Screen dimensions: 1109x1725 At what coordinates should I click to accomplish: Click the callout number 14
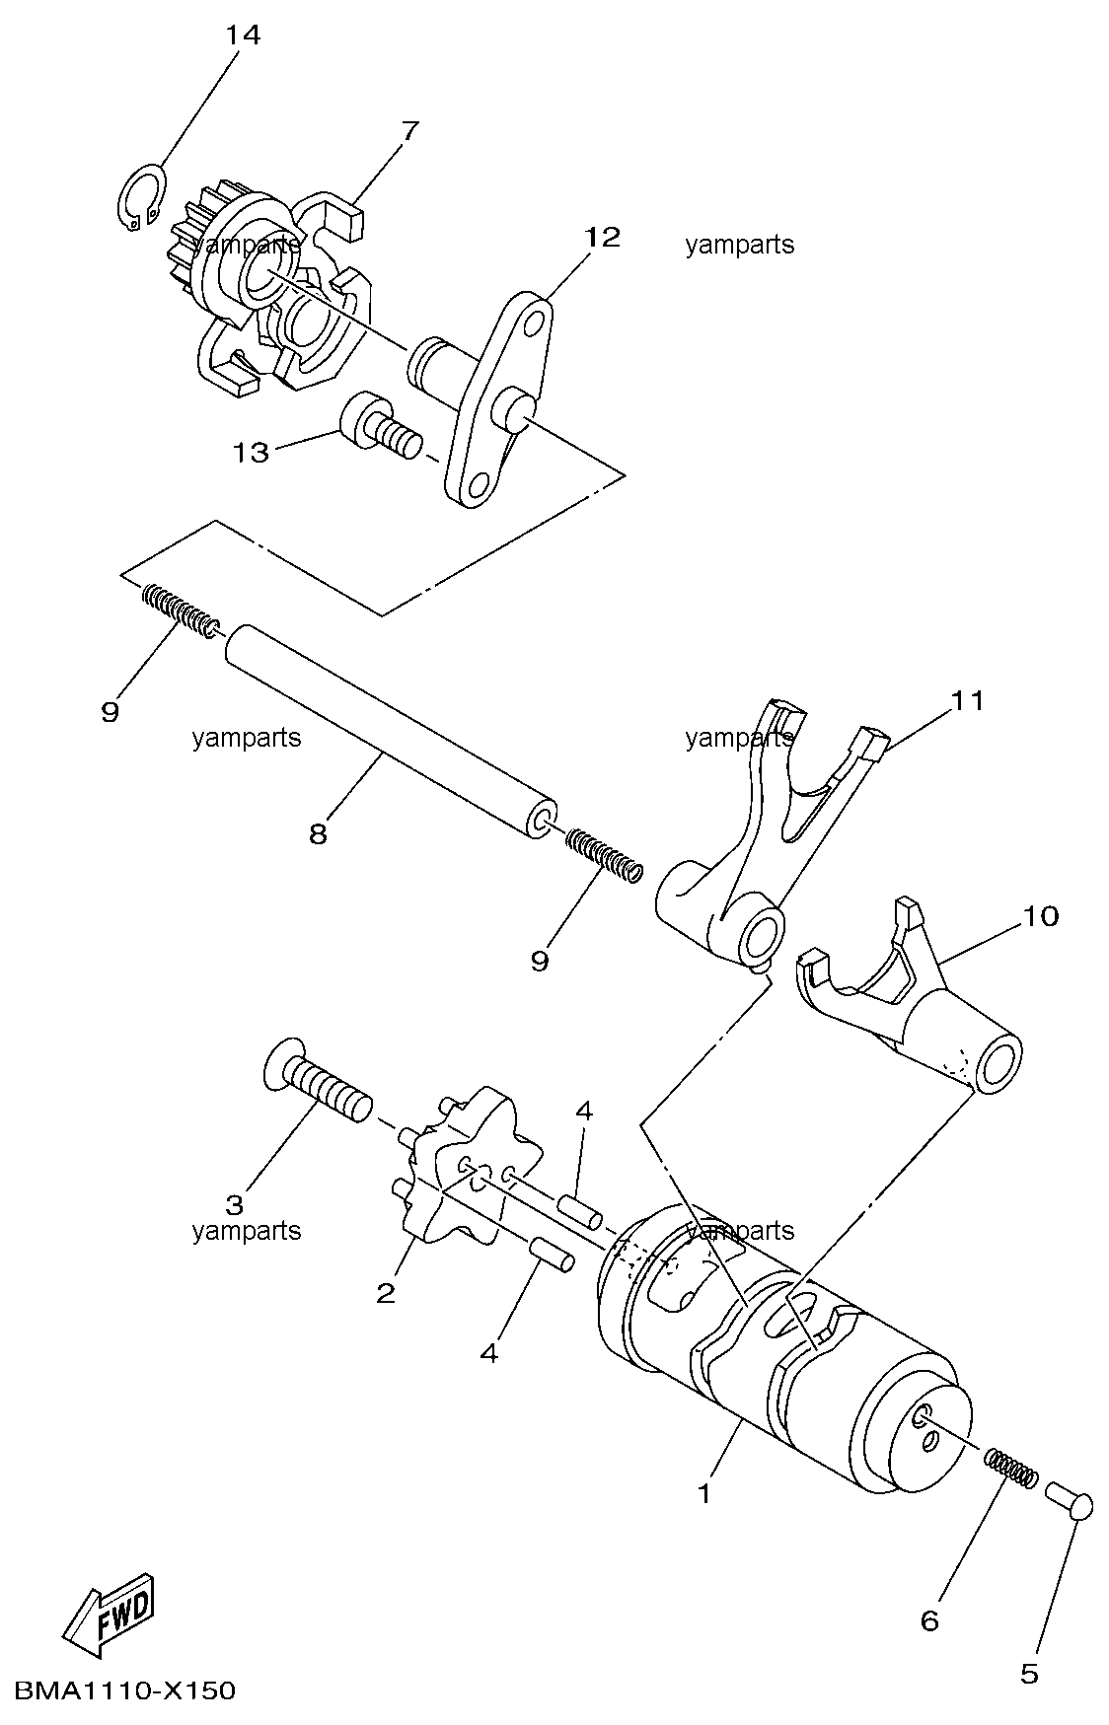point(243,36)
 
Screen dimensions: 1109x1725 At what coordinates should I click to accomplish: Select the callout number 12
point(602,237)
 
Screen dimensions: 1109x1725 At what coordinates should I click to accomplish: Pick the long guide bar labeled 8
point(390,730)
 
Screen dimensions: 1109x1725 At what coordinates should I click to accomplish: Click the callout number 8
point(318,834)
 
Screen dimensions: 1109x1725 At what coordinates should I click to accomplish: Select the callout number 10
point(1040,916)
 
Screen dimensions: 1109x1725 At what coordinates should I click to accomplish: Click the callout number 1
point(703,1494)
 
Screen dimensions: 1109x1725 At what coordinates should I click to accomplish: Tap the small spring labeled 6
point(1011,1464)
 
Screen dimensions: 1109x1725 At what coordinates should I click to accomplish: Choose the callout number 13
point(251,453)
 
